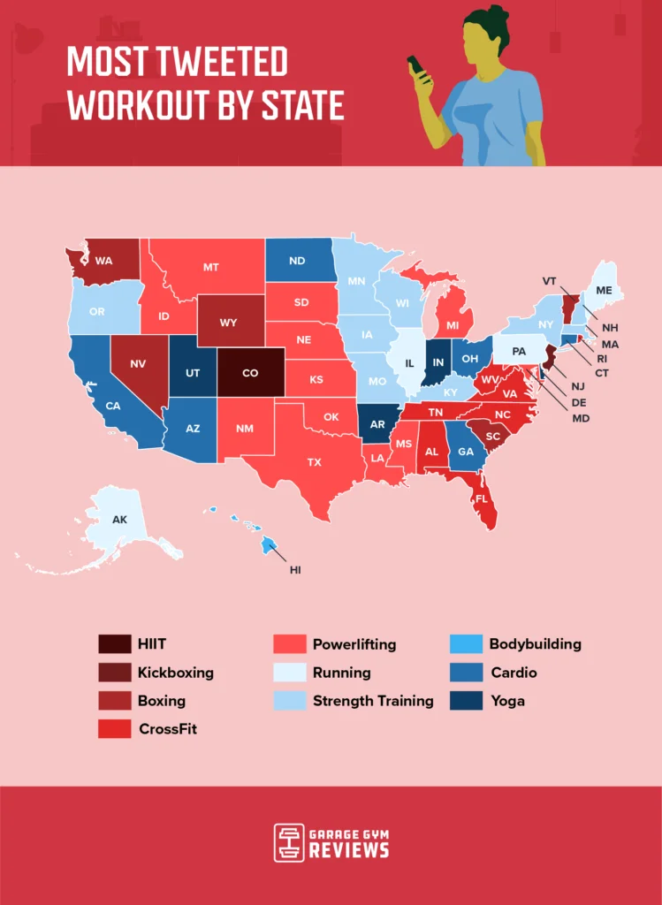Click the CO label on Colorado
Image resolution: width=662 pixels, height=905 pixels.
[250, 373]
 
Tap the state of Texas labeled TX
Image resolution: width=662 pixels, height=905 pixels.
[314, 461]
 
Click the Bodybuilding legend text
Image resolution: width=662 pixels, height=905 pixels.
[535, 644]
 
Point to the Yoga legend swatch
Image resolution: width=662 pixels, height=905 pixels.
[466, 701]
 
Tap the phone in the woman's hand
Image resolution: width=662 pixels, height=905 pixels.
[413, 66]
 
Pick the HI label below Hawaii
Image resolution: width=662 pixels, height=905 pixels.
[295, 570]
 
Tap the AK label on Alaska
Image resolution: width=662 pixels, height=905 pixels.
[119, 520]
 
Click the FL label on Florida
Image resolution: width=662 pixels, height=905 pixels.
[482, 498]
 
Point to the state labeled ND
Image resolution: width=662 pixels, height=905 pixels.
[297, 261]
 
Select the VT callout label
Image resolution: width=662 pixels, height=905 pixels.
[550, 280]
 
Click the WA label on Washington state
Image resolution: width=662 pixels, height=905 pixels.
[103, 261]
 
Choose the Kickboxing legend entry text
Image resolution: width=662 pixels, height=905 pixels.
[175, 673]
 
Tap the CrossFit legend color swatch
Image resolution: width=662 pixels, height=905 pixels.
[114, 729]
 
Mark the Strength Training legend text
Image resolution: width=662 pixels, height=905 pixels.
[373, 701]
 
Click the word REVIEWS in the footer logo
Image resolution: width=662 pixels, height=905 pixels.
[348, 851]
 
